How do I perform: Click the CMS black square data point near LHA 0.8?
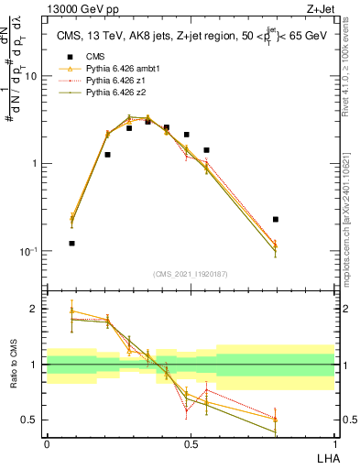coord(276,220)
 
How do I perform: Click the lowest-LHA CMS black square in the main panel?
coord(71,244)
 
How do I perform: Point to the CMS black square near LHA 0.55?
coord(207,150)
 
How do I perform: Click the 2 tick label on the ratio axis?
coord(36,309)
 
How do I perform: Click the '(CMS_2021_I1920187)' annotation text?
coord(190,274)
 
